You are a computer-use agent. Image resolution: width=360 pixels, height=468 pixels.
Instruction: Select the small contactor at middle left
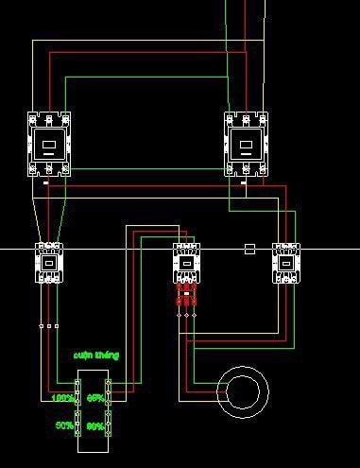click(x=48, y=262)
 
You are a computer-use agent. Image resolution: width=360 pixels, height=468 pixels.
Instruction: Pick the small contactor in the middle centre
click(x=187, y=262)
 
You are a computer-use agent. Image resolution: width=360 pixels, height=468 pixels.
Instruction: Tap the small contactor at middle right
click(x=285, y=262)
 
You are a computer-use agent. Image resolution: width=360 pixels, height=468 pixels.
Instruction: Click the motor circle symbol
click(x=243, y=390)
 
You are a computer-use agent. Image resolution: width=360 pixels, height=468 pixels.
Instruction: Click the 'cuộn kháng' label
click(x=96, y=355)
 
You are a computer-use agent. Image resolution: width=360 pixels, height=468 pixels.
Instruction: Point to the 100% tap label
click(x=63, y=399)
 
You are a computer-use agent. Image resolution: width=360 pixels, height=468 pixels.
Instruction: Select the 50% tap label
click(x=64, y=425)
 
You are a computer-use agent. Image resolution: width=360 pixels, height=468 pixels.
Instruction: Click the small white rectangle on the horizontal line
click(x=249, y=249)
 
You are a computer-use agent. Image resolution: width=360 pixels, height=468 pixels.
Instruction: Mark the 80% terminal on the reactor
click(x=108, y=426)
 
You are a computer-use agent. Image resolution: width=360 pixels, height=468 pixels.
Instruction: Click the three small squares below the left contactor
click(x=48, y=326)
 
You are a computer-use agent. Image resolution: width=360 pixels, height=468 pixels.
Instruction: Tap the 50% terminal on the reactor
click(x=78, y=426)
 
